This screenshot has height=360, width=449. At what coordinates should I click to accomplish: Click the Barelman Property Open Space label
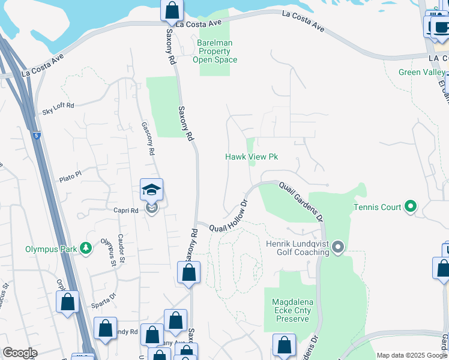tap(214, 51)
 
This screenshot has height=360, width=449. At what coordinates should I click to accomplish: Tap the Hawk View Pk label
tap(252, 157)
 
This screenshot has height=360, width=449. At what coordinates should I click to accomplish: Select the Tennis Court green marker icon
tap(411, 207)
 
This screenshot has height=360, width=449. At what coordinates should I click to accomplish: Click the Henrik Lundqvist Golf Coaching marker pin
tap(338, 247)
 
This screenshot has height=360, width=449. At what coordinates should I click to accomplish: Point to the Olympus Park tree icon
tap(86, 248)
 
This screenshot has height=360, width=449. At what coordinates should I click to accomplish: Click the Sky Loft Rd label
tap(58, 109)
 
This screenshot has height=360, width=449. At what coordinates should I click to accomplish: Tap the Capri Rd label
tap(126, 211)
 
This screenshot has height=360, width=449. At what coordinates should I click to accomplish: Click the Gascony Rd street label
tap(148, 139)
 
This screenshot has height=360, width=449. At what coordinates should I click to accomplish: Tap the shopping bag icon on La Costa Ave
tap(172, 10)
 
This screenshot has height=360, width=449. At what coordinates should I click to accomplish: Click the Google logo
tap(20, 353)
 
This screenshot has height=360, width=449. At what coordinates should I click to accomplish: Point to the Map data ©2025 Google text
tap(411, 355)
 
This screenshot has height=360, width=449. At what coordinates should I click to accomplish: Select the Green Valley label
tap(422, 73)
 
